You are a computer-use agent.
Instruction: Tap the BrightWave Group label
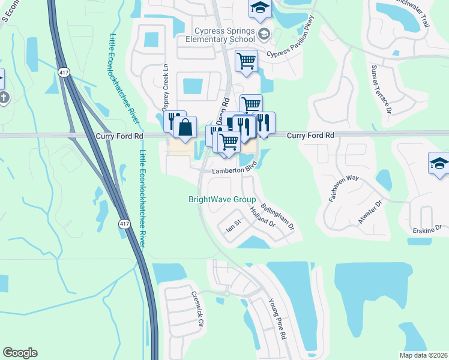(222, 200)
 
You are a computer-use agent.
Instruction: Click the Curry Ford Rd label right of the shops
(310, 136)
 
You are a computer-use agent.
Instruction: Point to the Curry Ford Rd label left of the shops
(119, 137)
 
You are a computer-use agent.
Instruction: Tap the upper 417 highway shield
(63, 73)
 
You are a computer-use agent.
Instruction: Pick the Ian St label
(232, 227)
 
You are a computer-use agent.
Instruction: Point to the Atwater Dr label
(370, 212)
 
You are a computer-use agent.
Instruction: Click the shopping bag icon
(186, 127)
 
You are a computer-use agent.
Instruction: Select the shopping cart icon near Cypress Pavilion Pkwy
(246, 61)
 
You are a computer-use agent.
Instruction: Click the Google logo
(20, 353)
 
